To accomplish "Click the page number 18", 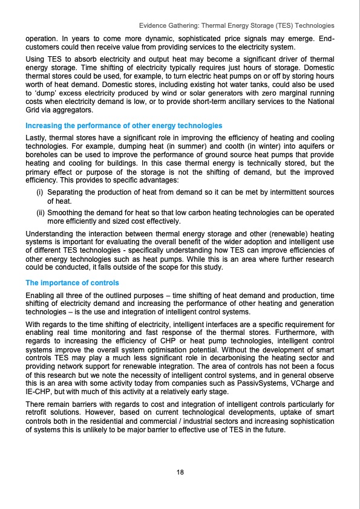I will pos(180,472).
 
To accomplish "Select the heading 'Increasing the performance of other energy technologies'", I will pos(123,125).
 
